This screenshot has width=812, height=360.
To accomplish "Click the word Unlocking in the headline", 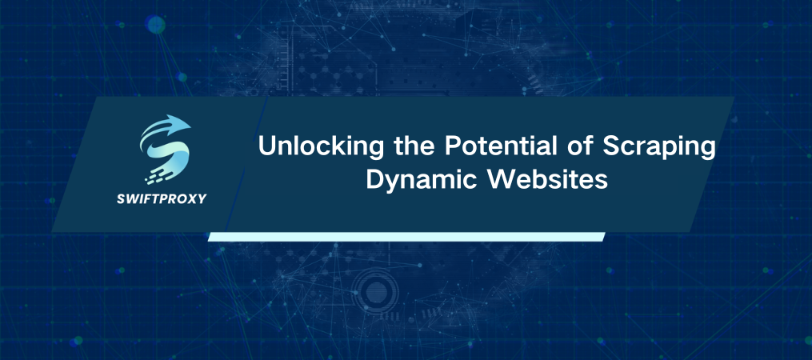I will coord(312,150).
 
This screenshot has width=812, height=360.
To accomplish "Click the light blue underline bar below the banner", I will coord(406,237).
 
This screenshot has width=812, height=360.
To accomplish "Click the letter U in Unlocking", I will coord(265,150).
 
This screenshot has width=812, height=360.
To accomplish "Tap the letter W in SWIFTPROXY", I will coord(134,198).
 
